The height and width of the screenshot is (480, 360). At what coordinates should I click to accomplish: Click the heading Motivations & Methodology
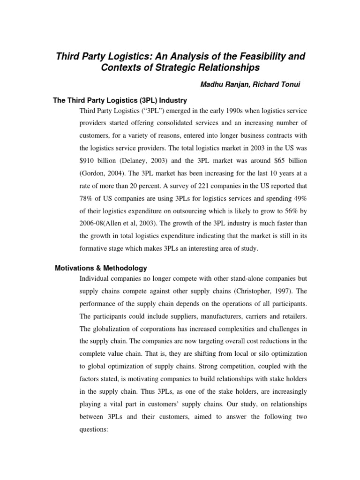[101, 268]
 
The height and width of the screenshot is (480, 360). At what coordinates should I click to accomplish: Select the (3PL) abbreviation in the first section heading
[147, 100]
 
